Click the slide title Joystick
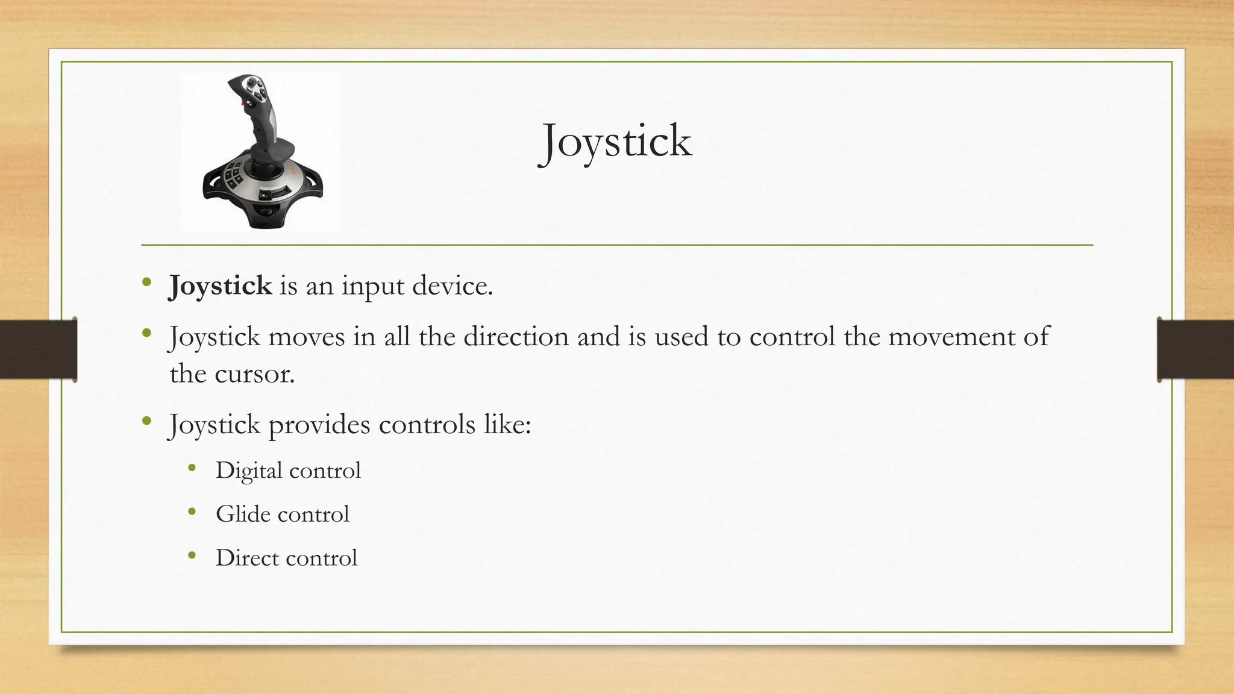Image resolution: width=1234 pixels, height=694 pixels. (615, 142)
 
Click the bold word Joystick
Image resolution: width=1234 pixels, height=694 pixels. (220, 286)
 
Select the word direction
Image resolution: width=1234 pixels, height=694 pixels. (516, 336)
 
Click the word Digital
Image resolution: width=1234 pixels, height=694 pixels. (249, 470)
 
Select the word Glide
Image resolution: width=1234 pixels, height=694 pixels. (243, 514)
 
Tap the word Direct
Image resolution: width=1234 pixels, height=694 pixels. (246, 558)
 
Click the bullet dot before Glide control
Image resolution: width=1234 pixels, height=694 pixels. (192, 512)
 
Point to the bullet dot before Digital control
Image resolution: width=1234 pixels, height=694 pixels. (192, 468)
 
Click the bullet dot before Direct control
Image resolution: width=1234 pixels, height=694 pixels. (192, 555)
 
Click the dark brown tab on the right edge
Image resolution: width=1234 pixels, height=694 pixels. (1195, 349)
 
